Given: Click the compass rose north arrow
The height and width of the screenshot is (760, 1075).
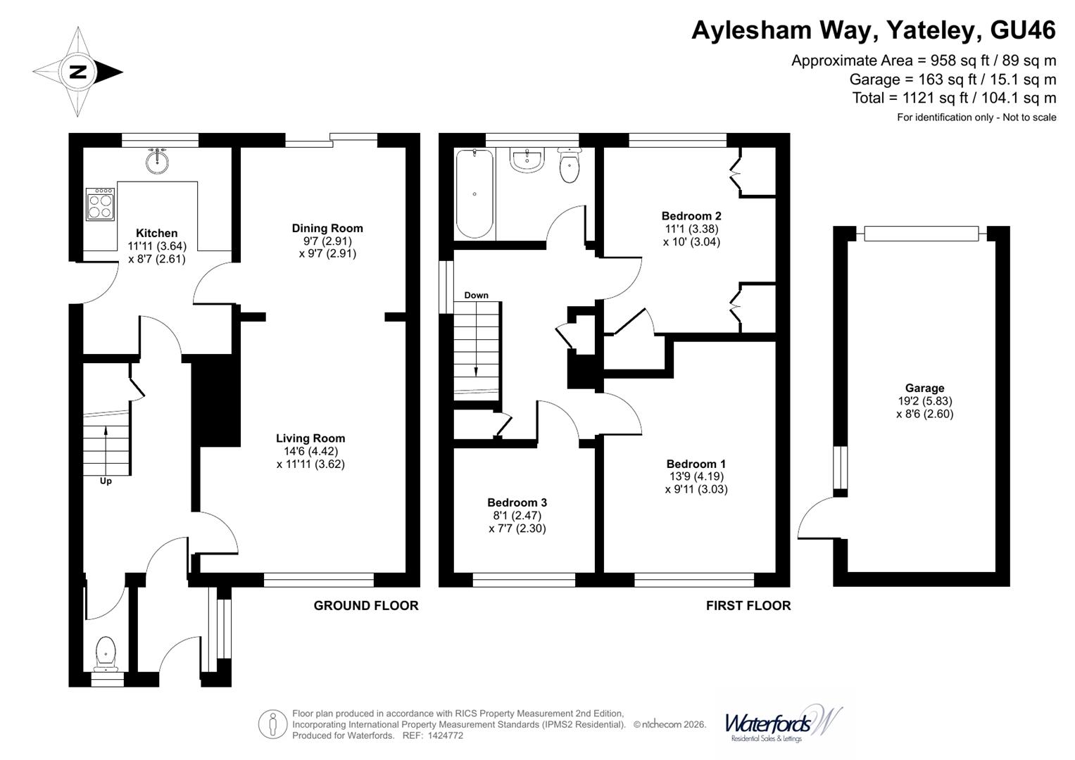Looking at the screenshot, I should coord(77,72).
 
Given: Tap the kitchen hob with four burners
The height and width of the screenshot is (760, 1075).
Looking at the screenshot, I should coord(100,204).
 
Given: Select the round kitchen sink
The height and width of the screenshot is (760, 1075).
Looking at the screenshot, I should coord(158,163).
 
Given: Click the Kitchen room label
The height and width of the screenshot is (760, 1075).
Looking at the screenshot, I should coord(156,233).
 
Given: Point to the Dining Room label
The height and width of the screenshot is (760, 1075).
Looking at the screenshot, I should coord(327,228).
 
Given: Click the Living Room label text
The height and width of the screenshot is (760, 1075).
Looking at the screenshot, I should coord(310,438).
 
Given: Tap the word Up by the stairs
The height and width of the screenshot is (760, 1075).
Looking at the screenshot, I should coord(106,481).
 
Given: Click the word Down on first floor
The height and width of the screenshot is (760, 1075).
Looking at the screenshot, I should coord(476,296).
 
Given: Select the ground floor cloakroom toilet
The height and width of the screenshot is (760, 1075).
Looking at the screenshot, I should coord(106,652).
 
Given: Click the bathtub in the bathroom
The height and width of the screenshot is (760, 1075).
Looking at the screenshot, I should coord(474,194).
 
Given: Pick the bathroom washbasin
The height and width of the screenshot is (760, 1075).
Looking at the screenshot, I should coord(527,160).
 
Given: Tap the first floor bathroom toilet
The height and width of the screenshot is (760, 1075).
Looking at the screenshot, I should coord(569,166).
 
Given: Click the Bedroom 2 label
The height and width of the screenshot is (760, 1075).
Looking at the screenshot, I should coord(691,216).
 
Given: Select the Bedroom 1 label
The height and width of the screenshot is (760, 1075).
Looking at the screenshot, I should coord(696,464).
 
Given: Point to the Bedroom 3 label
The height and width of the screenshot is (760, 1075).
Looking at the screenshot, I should coord(517,502).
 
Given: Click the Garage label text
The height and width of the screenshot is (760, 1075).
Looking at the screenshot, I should coord(924,388).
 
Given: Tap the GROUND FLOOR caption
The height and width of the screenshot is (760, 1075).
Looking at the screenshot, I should coord(365,605).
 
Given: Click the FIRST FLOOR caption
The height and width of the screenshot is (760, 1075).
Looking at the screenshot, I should coord(748,605).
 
